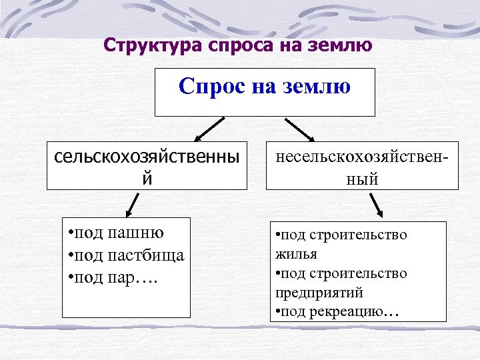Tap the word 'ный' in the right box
tap(363, 178)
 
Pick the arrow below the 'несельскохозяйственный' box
tap(375, 205)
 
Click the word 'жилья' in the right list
tap(295, 254)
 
